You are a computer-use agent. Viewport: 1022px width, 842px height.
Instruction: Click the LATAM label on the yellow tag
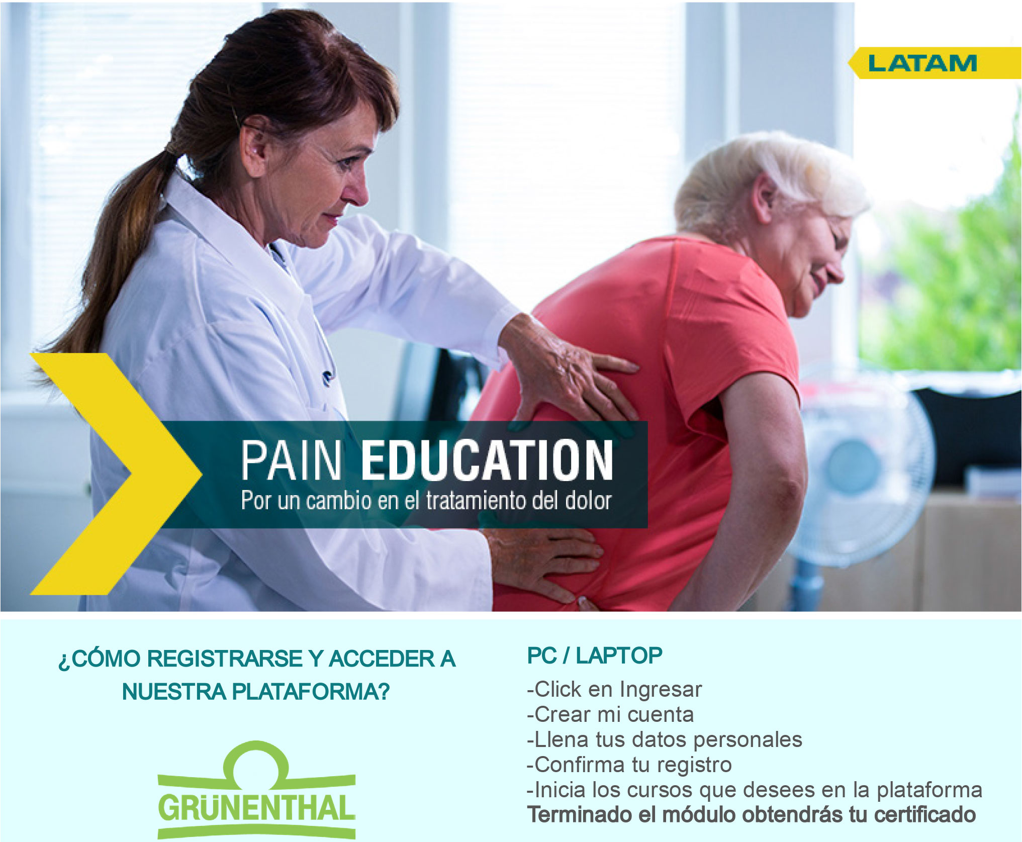pos(922,63)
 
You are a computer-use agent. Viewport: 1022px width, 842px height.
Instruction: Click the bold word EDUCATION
pos(487,460)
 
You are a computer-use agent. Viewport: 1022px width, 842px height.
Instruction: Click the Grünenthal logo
pos(256,790)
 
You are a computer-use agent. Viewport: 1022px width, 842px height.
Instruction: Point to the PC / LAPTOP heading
pos(595,656)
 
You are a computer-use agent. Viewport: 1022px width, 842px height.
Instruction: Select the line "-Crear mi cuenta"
pos(610,714)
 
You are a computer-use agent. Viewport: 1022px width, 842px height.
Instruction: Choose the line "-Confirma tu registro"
pos(629,765)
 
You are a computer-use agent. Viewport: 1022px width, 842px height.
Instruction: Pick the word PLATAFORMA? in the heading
pos(310,692)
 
